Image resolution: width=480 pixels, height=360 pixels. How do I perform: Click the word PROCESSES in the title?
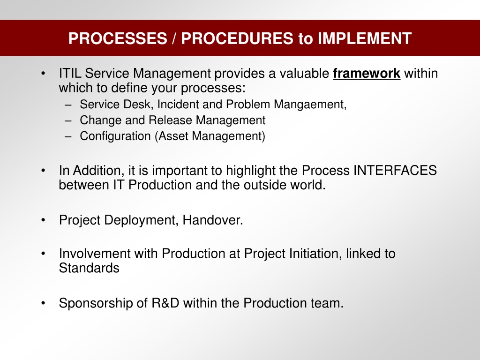118,38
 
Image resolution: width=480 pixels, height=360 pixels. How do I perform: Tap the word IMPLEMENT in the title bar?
365,38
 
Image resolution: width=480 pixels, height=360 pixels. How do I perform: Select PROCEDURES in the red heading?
237,38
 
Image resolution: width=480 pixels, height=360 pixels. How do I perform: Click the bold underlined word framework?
367,74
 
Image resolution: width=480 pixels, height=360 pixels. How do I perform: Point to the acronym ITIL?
70,74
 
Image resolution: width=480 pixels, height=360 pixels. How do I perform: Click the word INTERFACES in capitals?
395,170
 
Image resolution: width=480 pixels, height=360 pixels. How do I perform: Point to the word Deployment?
142,220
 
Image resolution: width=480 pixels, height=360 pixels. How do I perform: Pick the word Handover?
213,220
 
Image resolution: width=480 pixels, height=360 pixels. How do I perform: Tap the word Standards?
89,268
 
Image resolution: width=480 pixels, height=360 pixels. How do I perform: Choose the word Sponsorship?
96,303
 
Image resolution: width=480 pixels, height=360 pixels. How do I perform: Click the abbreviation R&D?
165,303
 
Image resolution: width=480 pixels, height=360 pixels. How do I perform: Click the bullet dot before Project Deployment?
43,220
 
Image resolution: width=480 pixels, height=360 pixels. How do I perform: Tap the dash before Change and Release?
68,120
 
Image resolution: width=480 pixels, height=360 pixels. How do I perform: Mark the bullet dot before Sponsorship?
43,303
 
